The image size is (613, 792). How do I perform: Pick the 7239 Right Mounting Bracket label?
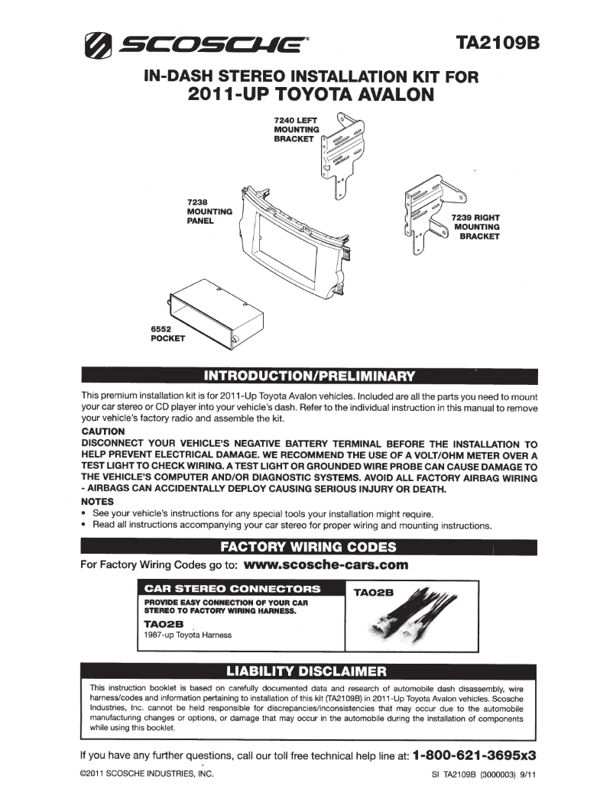click(476, 227)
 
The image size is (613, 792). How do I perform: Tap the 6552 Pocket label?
click(168, 333)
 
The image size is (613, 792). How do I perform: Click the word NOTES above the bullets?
click(97, 501)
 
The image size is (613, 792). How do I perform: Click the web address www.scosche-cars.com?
click(327, 566)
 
